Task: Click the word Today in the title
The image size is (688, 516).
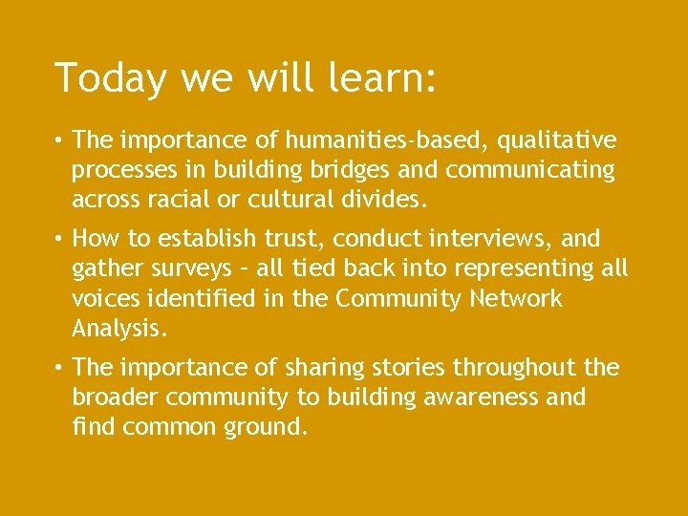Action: [97, 77]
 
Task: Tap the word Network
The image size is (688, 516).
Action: [516, 298]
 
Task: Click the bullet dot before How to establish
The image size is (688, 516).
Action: [59, 237]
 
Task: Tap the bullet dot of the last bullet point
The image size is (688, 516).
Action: [59, 368]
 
